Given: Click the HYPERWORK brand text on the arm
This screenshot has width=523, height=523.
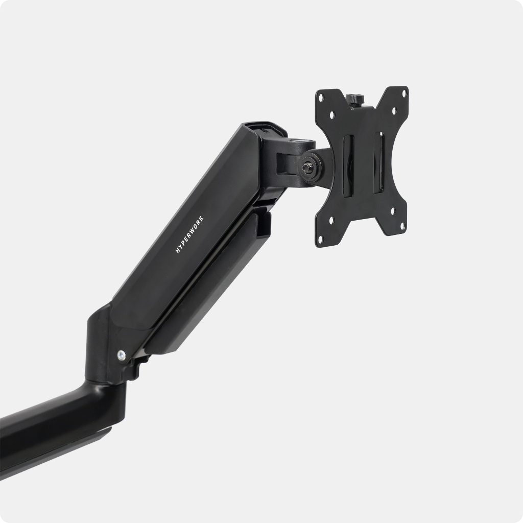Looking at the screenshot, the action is click(189, 234).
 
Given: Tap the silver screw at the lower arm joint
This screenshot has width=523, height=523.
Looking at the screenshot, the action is click(121, 355).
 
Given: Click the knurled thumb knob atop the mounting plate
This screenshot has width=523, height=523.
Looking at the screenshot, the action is click(354, 99).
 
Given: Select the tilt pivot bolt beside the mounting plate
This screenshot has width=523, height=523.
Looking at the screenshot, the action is click(306, 168).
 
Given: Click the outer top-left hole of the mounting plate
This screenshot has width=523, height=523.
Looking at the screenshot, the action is click(321, 98).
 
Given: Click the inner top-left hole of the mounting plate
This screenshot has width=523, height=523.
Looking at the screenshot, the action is click(332, 115).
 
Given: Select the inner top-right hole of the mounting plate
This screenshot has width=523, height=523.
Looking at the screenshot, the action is click(394, 110).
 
